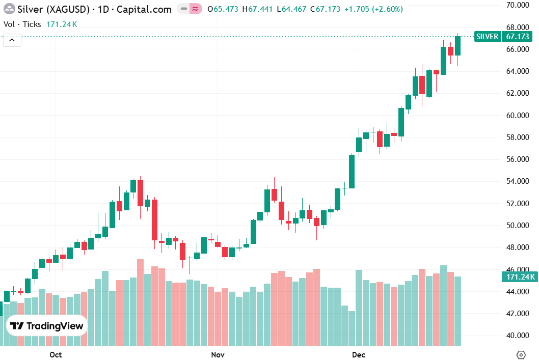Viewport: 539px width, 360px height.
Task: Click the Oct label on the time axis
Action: click(56, 354)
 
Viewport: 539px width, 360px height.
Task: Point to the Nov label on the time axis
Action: click(218, 354)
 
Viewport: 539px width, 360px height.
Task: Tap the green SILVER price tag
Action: click(487, 37)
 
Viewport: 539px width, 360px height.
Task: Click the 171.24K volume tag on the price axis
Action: click(519, 277)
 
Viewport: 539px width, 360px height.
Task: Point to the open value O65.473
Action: click(223, 9)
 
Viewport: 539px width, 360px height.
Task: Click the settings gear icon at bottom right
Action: click(521, 354)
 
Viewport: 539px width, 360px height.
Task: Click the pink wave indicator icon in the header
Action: click(194, 9)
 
